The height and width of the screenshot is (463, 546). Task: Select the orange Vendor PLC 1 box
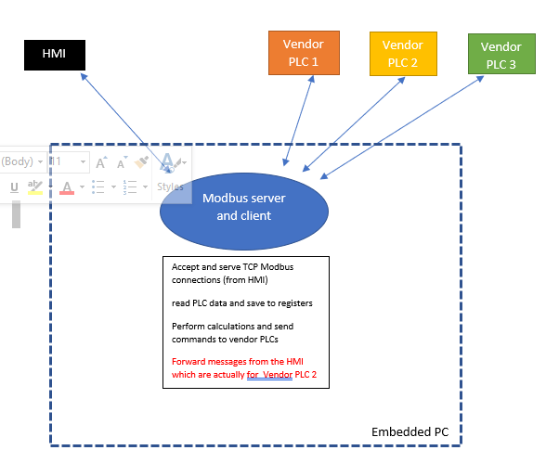[304, 52]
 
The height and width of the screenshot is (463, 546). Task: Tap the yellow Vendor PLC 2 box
[402, 53]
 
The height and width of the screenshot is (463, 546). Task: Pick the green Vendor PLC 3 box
[501, 54]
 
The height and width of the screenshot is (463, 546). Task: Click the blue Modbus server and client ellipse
[243, 207]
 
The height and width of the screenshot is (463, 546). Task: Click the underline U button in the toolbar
[14, 187]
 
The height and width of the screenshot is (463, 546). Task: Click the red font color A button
[67, 187]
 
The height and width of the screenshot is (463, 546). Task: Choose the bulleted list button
[99, 187]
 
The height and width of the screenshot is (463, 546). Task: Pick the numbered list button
[130, 187]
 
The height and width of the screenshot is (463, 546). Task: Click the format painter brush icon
[141, 162]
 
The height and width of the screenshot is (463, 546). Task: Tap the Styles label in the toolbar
[170, 186]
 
